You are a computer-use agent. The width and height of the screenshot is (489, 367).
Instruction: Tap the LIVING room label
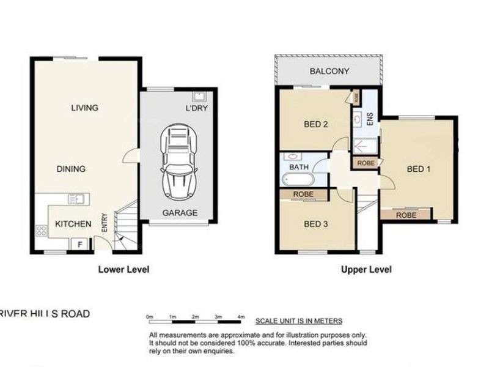[x=84, y=108]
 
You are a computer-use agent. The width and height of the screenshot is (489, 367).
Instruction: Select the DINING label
[x=71, y=169]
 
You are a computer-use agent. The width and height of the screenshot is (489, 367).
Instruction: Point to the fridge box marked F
[x=79, y=244]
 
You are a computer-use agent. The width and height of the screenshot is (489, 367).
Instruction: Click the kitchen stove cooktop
[x=42, y=231]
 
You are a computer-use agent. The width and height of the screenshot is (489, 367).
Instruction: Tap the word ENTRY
[x=105, y=221]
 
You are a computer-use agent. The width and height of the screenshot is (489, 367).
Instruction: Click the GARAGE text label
[x=179, y=213]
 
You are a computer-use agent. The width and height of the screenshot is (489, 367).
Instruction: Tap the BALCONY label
[x=329, y=72]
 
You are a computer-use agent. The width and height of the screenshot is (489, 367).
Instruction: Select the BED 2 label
[x=317, y=125]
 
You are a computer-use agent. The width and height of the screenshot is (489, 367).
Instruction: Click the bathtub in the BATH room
[x=298, y=180]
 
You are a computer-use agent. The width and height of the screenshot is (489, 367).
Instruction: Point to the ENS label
[x=369, y=119]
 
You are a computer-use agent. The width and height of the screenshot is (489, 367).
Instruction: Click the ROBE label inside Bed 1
[x=406, y=215]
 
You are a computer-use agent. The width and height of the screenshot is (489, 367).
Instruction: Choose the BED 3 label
[x=317, y=224]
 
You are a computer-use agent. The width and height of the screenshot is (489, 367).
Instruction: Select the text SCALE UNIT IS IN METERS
[x=298, y=321]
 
